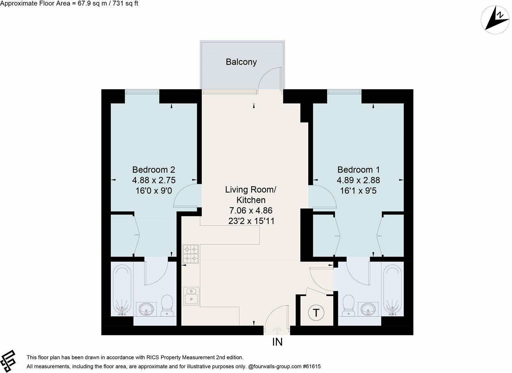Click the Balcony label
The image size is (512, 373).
tap(241, 62)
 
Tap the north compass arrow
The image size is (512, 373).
tap(495, 20)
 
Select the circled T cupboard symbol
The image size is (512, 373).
tap(316, 313)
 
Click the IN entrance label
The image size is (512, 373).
tap(277, 342)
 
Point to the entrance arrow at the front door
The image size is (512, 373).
tap(277, 330)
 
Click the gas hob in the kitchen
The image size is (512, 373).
tap(191, 254)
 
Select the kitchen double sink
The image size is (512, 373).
tap(191, 296)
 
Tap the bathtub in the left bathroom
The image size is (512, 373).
tap(122, 290)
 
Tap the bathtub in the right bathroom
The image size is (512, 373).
tap(393, 290)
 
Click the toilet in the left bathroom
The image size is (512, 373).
tap(167, 305)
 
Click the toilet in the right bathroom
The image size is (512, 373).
tap(348, 305)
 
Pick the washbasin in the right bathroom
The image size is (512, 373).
tap(368, 309)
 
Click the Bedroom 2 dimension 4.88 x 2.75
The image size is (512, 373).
tap(154, 180)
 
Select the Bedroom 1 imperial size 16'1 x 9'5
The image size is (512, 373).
tap(358, 190)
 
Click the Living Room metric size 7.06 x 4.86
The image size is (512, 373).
tap(251, 211)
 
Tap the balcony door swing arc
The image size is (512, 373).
tap(269, 78)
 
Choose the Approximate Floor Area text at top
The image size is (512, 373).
tap(69, 4)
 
